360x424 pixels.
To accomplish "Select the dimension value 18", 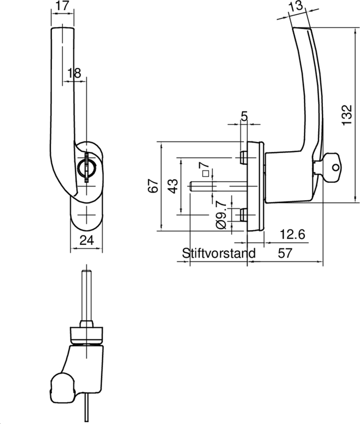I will [75, 73].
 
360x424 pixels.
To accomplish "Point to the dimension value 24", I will [87, 240].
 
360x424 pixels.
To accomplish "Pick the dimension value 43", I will [173, 186].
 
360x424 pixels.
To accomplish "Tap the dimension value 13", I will [297, 6].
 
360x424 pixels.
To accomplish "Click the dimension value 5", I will [244, 116].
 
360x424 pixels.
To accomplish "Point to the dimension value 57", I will [285, 253].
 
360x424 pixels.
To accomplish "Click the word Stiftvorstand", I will [218, 253].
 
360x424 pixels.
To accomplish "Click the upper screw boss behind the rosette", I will [243, 157].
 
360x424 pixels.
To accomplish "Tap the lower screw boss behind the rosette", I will [243, 215].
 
